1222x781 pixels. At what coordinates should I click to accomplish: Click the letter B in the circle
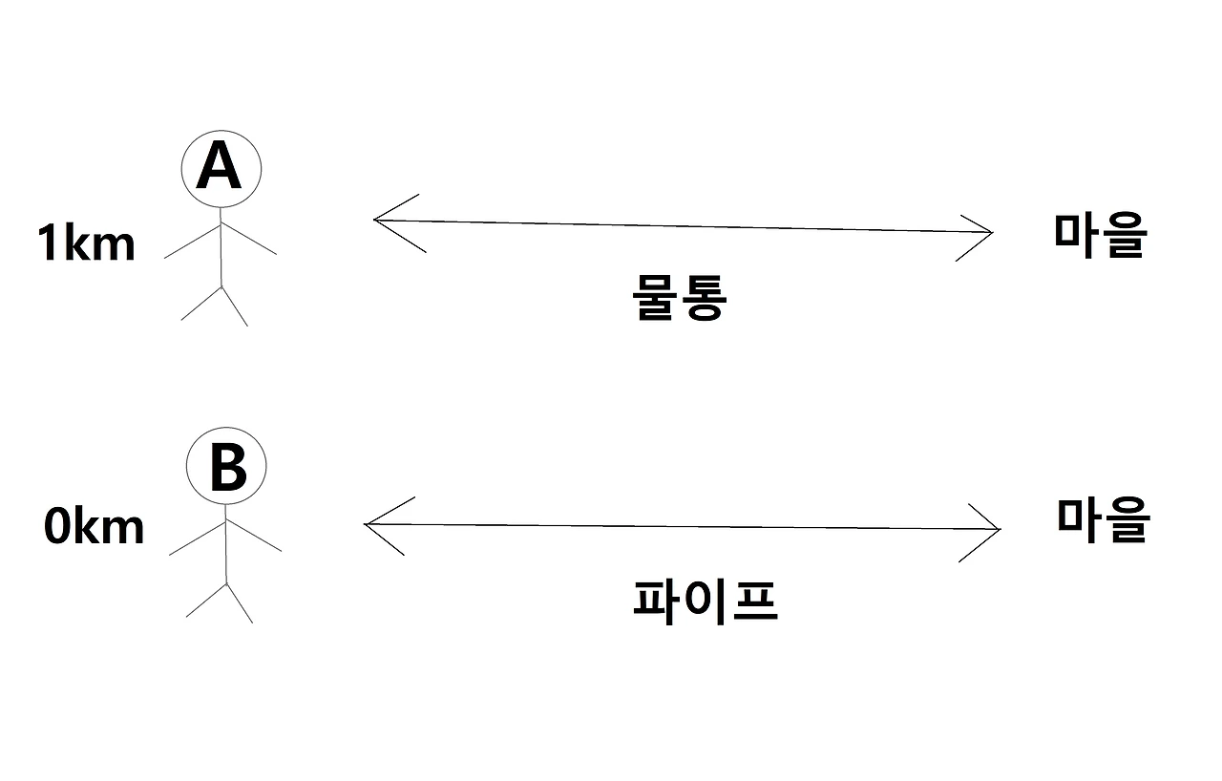226,467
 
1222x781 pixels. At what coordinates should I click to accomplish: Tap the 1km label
86,244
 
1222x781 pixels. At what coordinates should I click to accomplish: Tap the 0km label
94,527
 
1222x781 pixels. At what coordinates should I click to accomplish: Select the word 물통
680,299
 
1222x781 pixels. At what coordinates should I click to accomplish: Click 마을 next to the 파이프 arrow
1104,519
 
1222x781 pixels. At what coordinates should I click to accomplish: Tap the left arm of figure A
192,242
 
